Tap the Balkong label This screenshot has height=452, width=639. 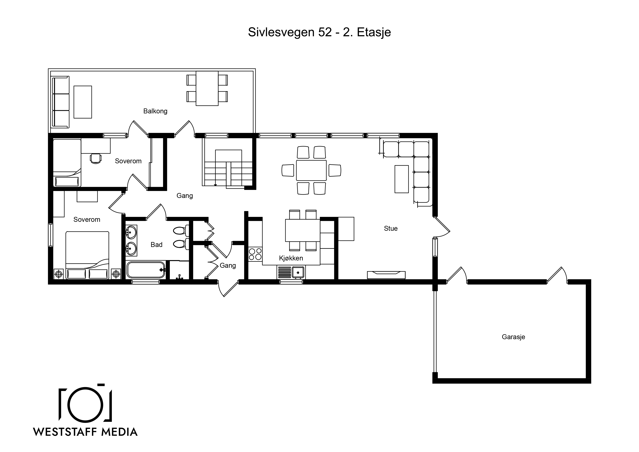pyautogui.click(x=155, y=111)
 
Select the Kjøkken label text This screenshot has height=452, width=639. pyautogui.click(x=291, y=258)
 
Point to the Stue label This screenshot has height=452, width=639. pyautogui.click(x=391, y=228)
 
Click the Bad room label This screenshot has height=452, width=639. pyautogui.click(x=156, y=245)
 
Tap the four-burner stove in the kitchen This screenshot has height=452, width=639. pyautogui.click(x=255, y=254)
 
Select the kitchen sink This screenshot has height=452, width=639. pyautogui.click(x=298, y=272)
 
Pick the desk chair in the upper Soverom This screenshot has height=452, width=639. pyautogui.click(x=95, y=158)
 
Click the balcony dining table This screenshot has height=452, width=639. pyautogui.click(x=207, y=88)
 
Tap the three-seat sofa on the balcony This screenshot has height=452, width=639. pyautogui.click(x=61, y=102)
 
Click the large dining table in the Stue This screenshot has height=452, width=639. pyautogui.click(x=311, y=170)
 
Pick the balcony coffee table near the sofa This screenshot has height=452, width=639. pyautogui.click(x=83, y=102)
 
